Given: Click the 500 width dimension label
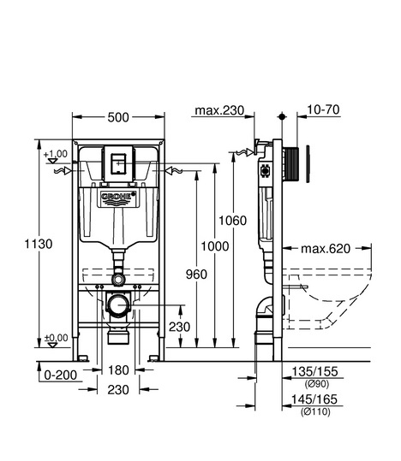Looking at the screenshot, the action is (x=118, y=117).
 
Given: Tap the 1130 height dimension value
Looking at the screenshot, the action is (x=39, y=244).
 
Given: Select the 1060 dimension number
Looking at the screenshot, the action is (x=232, y=221).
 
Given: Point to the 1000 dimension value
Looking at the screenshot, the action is (x=215, y=246).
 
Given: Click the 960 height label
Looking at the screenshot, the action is (x=196, y=275).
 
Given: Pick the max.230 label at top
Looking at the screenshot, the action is (x=219, y=110).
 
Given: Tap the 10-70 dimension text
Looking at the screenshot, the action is (x=323, y=109).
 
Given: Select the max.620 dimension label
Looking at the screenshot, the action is (x=326, y=249).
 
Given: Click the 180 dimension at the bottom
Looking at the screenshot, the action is (x=118, y=370).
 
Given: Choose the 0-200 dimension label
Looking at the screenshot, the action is (x=60, y=375).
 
